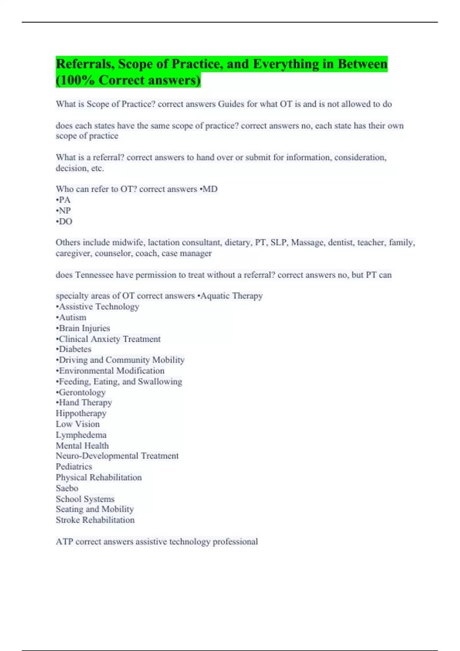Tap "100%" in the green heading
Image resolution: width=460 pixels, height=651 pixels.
[x=77, y=80]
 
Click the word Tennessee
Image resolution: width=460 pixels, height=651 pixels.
[x=94, y=275]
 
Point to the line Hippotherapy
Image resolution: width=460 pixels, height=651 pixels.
[x=81, y=414]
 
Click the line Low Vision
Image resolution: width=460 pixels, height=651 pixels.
[x=78, y=424]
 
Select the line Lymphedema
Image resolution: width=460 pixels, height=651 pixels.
[x=81, y=435]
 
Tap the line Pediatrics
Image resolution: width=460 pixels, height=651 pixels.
[x=74, y=467]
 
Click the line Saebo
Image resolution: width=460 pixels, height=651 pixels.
[x=67, y=488]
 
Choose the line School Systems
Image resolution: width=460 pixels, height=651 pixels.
[x=85, y=499]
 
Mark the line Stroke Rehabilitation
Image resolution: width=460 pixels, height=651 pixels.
[x=95, y=520]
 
